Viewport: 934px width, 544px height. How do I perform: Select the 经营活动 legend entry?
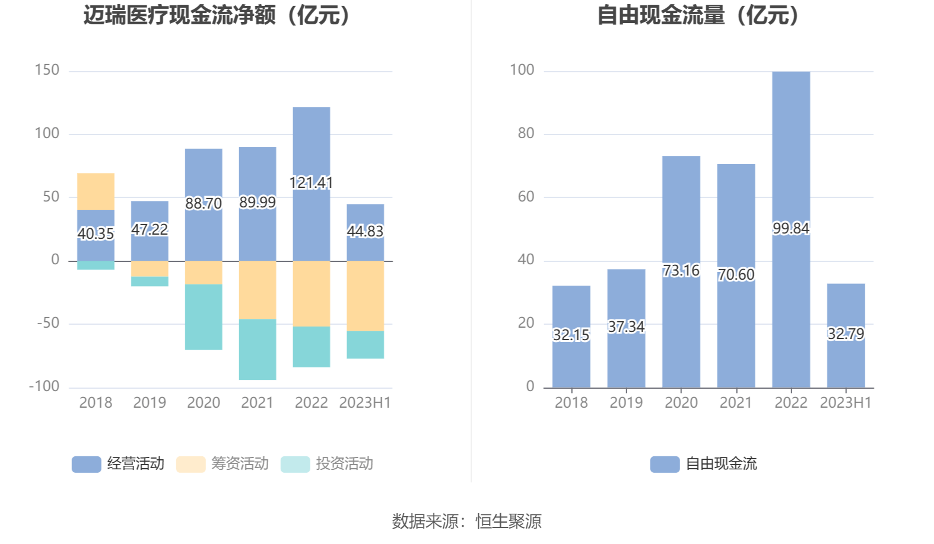(118, 463)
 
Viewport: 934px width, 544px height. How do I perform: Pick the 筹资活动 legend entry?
(223, 463)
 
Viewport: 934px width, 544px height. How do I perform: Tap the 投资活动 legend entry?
(327, 463)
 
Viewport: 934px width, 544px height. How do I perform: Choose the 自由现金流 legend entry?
(704, 463)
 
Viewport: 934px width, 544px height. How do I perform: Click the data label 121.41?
(311, 183)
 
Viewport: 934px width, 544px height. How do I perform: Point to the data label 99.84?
(790, 228)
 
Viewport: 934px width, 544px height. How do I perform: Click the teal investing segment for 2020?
(204, 317)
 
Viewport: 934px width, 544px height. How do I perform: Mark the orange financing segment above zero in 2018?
(96, 191)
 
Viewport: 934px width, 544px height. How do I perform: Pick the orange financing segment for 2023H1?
(365, 296)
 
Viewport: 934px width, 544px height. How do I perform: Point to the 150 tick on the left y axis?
(47, 71)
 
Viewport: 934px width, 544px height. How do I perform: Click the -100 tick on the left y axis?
(45, 386)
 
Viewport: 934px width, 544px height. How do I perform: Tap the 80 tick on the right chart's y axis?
(526, 133)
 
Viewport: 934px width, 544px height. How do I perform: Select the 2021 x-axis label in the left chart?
(257, 403)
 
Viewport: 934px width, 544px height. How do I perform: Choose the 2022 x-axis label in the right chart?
(790, 403)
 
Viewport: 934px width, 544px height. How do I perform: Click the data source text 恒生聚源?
(509, 521)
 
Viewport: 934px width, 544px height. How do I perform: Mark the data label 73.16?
(681, 271)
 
